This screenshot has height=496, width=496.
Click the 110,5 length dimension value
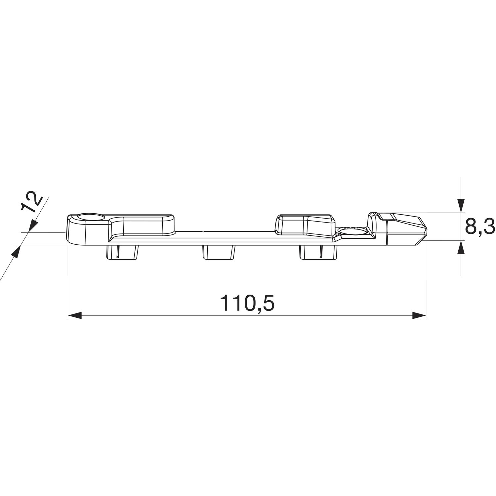247,303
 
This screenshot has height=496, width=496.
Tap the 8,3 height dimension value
479,227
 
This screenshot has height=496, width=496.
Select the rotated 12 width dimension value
32,202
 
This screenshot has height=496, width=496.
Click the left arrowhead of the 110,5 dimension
74,315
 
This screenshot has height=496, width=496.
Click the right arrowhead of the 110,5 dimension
419,315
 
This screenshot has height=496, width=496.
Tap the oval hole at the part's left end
91,217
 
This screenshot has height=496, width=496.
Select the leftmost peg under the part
122,252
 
